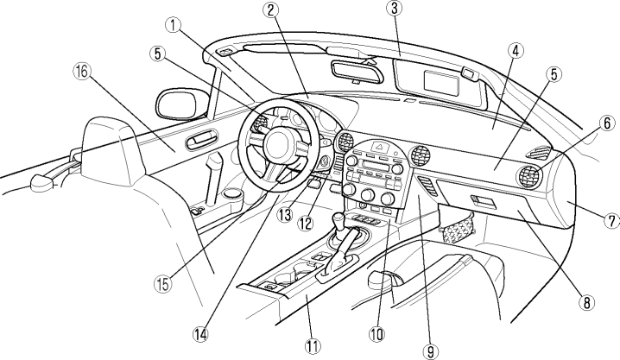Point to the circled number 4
tap(514, 51)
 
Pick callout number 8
tap(586, 302)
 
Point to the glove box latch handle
tap(484, 204)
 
